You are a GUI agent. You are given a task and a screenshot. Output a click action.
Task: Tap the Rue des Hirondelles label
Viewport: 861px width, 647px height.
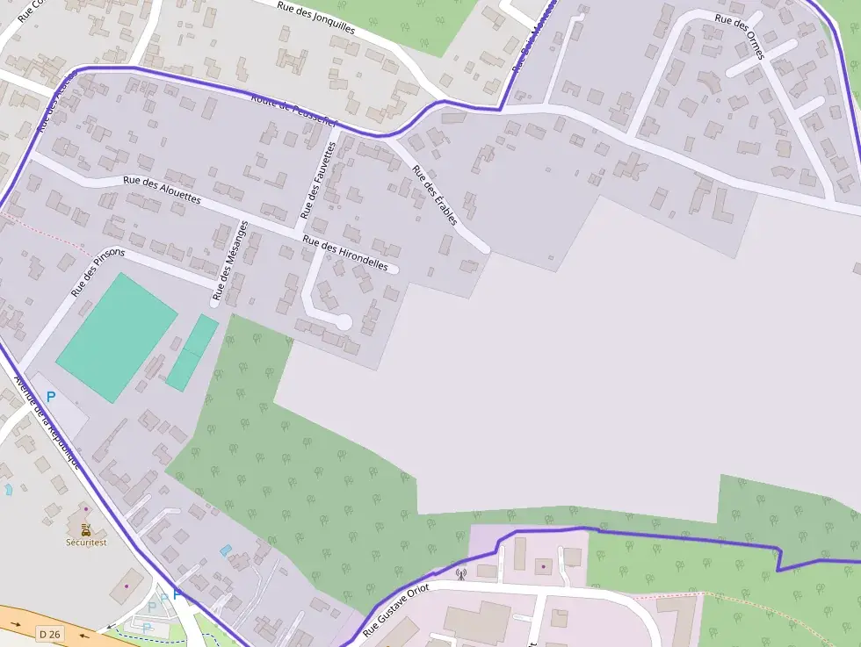[x=345, y=253]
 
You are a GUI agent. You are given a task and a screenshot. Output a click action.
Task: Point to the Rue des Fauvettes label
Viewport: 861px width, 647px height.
[x=318, y=180]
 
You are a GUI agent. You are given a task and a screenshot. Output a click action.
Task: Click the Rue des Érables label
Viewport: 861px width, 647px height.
[x=435, y=196]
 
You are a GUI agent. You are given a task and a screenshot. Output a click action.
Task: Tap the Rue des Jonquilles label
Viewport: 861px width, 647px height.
[x=316, y=17]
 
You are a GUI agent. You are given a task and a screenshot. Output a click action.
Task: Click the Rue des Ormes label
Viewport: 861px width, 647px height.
[x=740, y=36]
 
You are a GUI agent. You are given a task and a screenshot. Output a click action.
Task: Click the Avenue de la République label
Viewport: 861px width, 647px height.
[x=47, y=422]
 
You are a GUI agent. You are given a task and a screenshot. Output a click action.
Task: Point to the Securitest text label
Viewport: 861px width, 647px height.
[x=86, y=542]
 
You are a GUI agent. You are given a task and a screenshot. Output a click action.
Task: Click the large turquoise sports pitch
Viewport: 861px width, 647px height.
[x=117, y=338]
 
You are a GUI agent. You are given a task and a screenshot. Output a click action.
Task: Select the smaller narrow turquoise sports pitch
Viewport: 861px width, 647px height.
[x=192, y=353]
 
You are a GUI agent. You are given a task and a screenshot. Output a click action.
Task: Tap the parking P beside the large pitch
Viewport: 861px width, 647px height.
[x=51, y=397]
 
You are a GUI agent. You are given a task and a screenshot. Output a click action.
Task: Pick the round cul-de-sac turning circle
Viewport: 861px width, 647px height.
[x=344, y=322]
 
